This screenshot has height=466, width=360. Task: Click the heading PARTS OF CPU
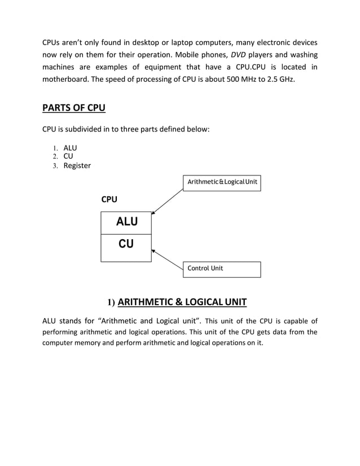click(74, 108)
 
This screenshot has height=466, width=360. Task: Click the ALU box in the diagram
click(126, 222)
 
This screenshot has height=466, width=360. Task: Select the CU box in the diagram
click(126, 244)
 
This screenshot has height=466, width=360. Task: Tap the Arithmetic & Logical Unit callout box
click(222, 182)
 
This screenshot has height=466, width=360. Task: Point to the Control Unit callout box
click(222, 269)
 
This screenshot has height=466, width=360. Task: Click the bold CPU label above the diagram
click(109, 199)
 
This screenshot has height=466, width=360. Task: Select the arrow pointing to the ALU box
click(168, 203)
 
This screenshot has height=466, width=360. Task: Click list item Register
click(77, 166)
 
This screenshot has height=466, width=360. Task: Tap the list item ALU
click(70, 148)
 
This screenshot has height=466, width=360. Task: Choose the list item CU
click(68, 156)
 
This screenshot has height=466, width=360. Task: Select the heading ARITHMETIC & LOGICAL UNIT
click(182, 301)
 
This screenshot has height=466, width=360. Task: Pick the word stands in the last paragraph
click(74, 322)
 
